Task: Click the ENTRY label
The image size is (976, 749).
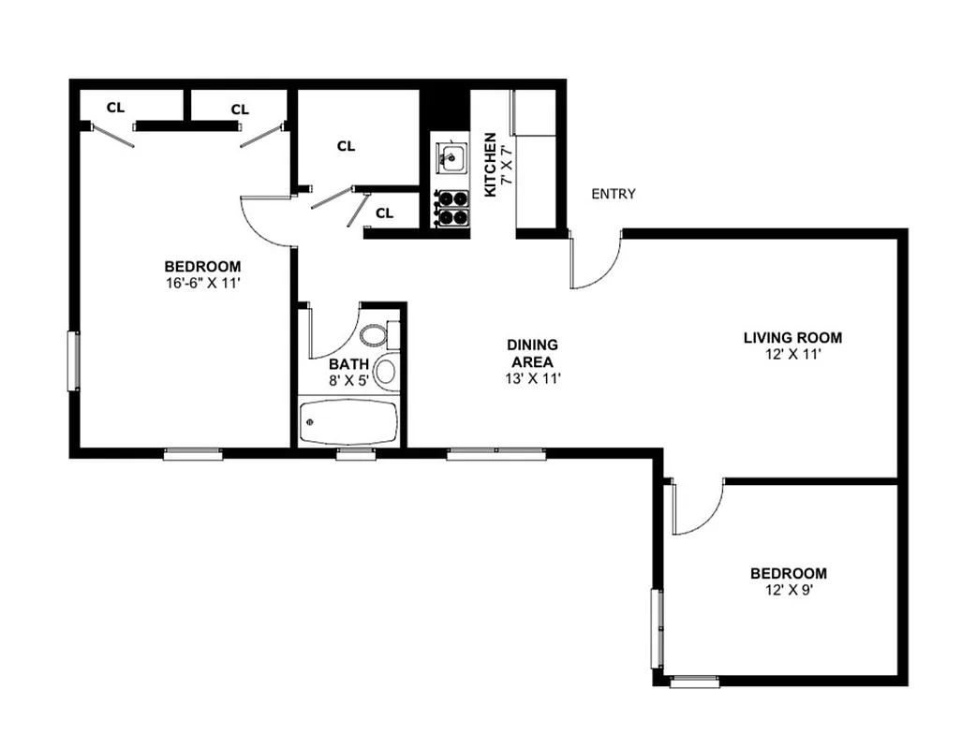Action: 614,194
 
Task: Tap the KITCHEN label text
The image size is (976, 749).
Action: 490,165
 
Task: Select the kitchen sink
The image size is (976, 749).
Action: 451,157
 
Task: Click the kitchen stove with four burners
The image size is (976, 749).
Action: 451,208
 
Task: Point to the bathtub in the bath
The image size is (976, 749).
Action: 348,423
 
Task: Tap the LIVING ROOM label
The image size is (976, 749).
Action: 792,338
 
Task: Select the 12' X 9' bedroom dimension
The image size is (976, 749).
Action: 788,590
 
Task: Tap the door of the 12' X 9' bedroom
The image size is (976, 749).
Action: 698,510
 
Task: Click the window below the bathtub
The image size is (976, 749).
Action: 355,454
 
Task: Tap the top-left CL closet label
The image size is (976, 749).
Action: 115,107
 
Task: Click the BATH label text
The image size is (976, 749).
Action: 348,363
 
